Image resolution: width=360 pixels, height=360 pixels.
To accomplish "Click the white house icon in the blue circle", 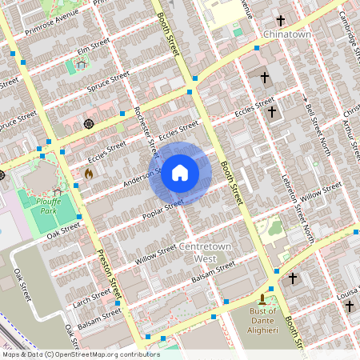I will point(180,172).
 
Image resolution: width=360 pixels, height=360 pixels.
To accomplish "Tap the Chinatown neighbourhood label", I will point(286,34).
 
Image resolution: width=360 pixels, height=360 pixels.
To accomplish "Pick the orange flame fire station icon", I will point(89,171).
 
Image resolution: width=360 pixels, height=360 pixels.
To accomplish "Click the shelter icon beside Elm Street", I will point(82,65).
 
